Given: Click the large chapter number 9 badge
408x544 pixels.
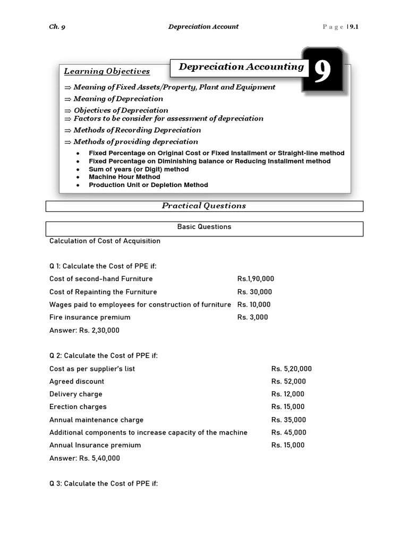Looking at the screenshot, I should pos(322,72).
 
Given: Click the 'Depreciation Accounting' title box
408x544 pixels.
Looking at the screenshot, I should pos(241,67).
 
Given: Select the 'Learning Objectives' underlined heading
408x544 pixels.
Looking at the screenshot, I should pos(107,71).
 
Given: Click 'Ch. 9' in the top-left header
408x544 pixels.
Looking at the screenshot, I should pos(57,27).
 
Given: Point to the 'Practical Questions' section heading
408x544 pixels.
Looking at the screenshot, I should pos(204,206).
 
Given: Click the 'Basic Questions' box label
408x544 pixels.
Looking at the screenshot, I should pos(204,227).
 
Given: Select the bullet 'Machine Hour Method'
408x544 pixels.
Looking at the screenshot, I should pos(124,177).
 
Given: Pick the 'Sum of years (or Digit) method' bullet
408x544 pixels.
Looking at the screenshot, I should pos(139,169).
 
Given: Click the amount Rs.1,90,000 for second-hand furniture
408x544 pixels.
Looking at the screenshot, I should pos(256,279).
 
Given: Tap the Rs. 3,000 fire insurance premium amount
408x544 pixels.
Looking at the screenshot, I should pos(252,317).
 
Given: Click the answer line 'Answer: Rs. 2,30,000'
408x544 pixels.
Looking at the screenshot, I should pos(84,330).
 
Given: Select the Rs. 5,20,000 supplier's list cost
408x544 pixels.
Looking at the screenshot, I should pos(291,369).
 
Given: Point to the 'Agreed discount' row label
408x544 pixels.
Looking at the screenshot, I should pos(76,381).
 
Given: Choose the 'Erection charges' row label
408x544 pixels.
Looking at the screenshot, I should pos(78,407).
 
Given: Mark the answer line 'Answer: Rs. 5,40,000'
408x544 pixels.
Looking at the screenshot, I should pos(84,458).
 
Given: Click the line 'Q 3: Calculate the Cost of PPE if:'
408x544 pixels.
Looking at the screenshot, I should pos(104,484).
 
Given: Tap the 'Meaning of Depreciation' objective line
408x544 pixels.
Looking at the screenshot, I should pos(118,99).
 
